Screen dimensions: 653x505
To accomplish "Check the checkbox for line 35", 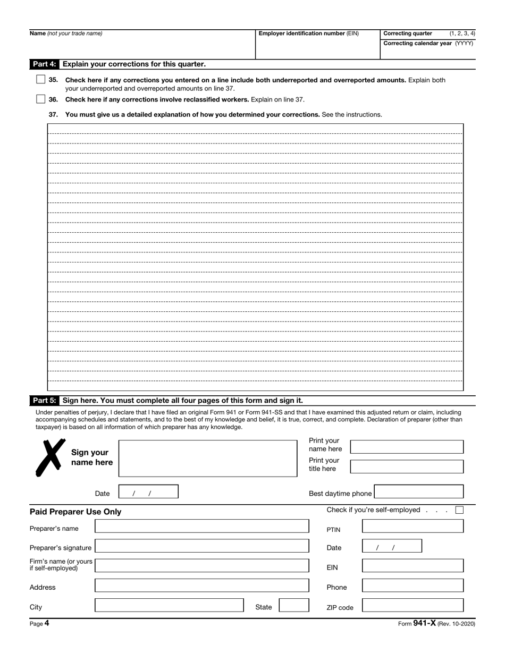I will pyautogui.click(x=41, y=80).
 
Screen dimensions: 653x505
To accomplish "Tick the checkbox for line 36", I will pyautogui.click(x=41, y=99).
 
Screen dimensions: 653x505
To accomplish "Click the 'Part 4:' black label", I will pyautogui.click(x=44, y=64).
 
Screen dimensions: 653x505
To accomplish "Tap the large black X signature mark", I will pyautogui.click(x=50, y=457).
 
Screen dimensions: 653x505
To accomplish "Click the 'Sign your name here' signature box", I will pyautogui.click(x=207, y=458).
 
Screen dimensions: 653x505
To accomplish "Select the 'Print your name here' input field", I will pyautogui.click(x=407, y=447).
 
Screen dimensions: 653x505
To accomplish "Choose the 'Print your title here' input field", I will pyautogui.click(x=407, y=467).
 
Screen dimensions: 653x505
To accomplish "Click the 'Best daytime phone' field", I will pyautogui.click(x=418, y=491).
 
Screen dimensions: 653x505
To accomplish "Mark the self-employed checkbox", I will pyautogui.click(x=459, y=510).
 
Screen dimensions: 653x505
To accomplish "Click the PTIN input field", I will pyautogui.click(x=413, y=527).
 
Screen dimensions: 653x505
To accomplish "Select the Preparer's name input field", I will pyautogui.click(x=201, y=527).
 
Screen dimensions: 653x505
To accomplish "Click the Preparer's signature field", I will pyautogui.click(x=201, y=546).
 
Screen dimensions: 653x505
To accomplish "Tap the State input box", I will pyautogui.click(x=294, y=605).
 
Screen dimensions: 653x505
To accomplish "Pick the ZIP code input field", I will pyautogui.click(x=413, y=605).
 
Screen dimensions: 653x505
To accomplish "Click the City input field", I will pyautogui.click(x=169, y=605).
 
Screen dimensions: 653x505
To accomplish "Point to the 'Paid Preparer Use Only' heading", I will pyautogui.click(x=75, y=512).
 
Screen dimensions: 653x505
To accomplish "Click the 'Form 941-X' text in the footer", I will pyautogui.click(x=416, y=624).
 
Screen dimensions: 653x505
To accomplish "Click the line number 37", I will pyautogui.click(x=53, y=114).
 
